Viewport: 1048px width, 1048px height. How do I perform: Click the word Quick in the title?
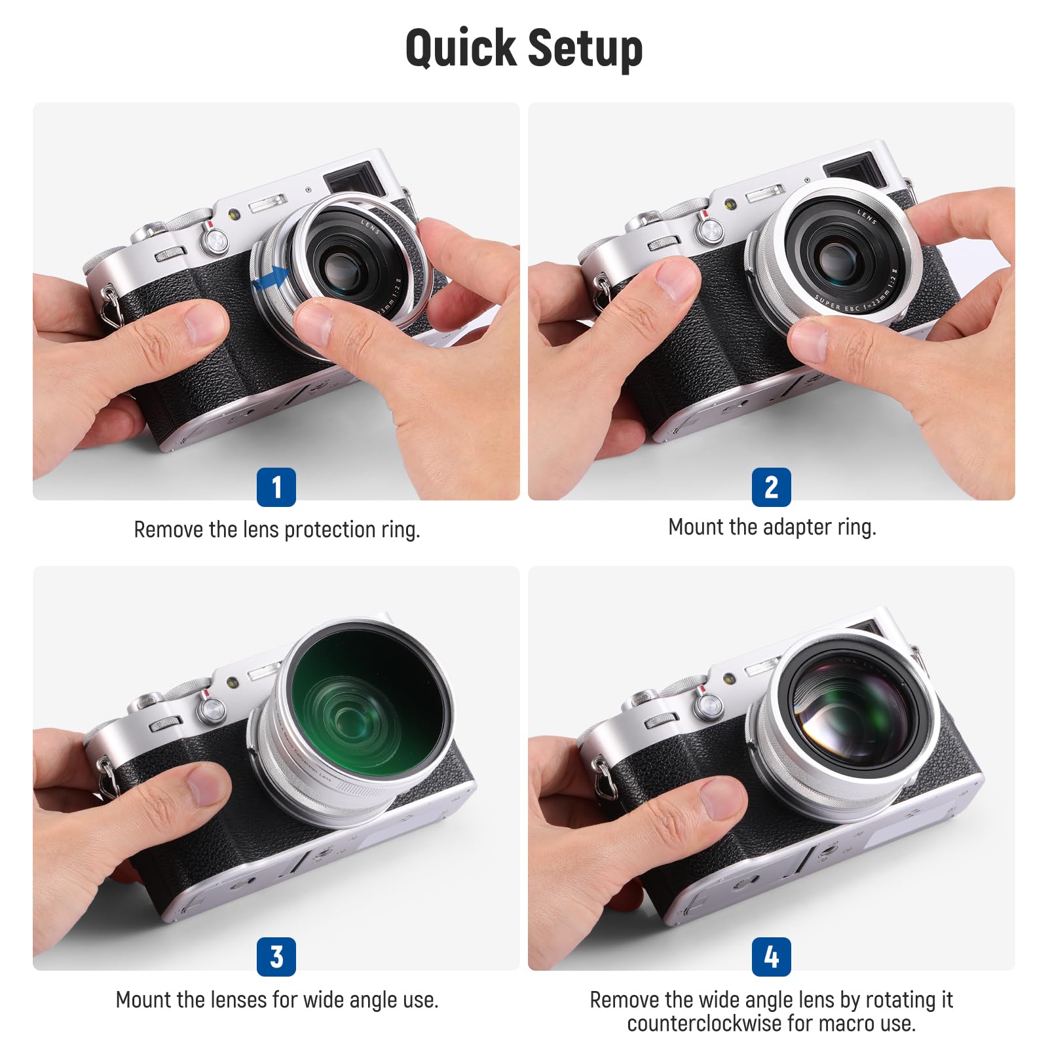point(460,48)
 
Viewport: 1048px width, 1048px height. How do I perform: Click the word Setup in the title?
point(585,48)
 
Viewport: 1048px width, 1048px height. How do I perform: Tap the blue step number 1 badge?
point(276,487)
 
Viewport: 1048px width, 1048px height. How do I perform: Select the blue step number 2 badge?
point(771,487)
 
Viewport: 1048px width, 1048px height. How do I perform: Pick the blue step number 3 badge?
point(276,957)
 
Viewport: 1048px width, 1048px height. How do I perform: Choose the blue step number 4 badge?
point(771,957)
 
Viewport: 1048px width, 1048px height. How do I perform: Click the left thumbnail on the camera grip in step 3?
point(204,785)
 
